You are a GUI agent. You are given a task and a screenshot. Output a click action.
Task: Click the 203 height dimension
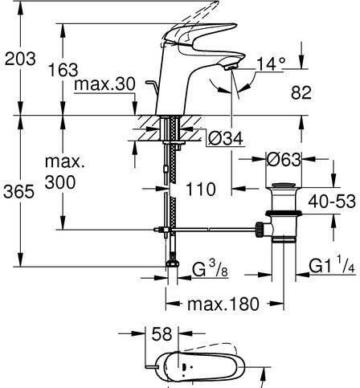tap(20, 59)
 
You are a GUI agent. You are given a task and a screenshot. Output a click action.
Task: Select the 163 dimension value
tap(63, 70)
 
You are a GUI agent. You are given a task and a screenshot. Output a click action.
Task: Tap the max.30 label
tap(105, 84)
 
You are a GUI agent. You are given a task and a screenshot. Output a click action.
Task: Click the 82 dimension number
tap(301, 92)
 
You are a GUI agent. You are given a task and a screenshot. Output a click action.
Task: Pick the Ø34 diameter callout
tap(226, 138)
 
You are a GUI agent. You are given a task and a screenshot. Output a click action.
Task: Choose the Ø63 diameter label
tap(284, 160)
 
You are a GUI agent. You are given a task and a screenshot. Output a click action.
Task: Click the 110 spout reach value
tap(201, 189)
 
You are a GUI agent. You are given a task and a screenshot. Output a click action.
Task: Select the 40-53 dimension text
tap(332, 201)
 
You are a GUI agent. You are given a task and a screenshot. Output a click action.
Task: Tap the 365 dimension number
tap(18, 191)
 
